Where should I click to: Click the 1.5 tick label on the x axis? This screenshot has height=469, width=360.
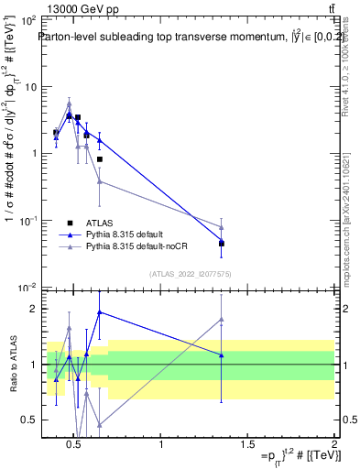coord(247,444)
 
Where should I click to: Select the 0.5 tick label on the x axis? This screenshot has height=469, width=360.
coord(74,444)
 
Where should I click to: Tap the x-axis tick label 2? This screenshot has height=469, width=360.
coord(333,444)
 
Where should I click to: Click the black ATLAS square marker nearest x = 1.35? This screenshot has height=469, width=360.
coord(222,244)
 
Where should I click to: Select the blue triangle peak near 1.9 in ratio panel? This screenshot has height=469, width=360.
coord(99,312)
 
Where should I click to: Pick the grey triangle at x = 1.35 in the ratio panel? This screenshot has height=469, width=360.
coord(222,320)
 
